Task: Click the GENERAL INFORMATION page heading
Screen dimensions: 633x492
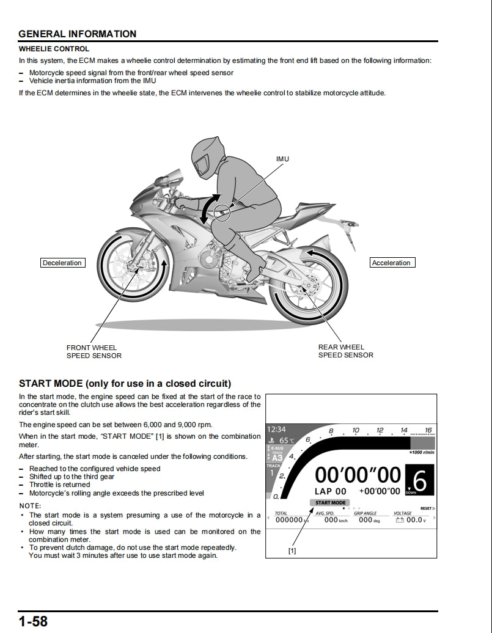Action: tap(78, 34)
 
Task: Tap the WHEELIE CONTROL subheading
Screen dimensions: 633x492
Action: tap(54, 49)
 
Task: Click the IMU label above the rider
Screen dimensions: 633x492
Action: tap(282, 159)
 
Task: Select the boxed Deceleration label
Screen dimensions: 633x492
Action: tap(62, 263)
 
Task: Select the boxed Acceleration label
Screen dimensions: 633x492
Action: tap(391, 263)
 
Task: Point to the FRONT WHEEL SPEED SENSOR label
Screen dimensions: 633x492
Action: tap(94, 351)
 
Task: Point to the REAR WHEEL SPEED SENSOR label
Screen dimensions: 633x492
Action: tap(345, 351)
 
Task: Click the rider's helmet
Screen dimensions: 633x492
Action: tap(209, 156)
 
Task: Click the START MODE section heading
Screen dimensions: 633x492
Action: tap(125, 384)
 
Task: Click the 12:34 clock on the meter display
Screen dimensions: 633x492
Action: tap(277, 430)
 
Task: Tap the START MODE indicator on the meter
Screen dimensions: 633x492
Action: tap(330, 503)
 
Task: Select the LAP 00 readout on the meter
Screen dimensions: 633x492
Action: tap(330, 491)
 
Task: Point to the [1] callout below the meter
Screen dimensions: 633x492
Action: tap(292, 551)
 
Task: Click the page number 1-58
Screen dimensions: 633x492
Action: tap(33, 622)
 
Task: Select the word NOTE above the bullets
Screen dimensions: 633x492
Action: tap(30, 506)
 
